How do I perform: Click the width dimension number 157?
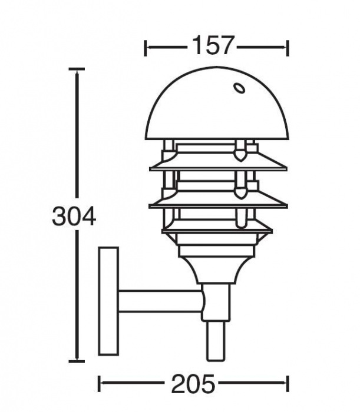pyautogui.click(x=213, y=46)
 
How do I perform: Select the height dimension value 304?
pyautogui.click(x=74, y=217)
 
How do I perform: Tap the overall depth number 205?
pyautogui.click(x=194, y=384)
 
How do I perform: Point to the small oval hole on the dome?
pyautogui.click(x=240, y=89)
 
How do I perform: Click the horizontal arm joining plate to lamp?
pyautogui.click(x=159, y=301)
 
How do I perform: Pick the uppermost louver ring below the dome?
pyautogui.click(x=218, y=163)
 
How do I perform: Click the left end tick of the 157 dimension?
pyautogui.click(x=146, y=47)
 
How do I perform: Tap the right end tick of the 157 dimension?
pyautogui.click(x=287, y=47)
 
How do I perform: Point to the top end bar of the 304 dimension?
pyautogui.click(x=77, y=69)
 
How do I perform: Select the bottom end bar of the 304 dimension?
pyautogui.click(x=77, y=361)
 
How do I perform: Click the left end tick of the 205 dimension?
pyautogui.click(x=98, y=384)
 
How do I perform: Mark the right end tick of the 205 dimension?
pyautogui.click(x=288, y=384)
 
